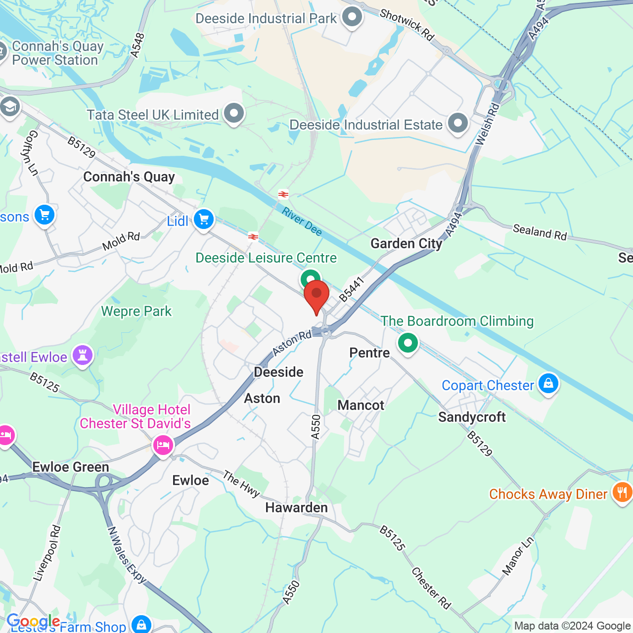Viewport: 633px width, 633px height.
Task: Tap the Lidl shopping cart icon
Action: click(203, 219)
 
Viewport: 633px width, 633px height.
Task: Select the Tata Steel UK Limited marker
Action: click(234, 114)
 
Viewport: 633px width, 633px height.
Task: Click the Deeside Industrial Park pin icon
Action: click(352, 17)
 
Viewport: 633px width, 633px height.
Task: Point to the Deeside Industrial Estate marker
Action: click(458, 124)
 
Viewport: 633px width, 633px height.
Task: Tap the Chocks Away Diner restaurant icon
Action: click(622, 493)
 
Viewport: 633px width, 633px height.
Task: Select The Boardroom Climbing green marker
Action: click(408, 342)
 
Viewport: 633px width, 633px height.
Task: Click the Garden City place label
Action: click(407, 243)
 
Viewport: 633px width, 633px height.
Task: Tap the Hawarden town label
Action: click(296, 507)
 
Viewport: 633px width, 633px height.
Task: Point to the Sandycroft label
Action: click(472, 417)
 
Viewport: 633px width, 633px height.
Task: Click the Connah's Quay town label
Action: click(129, 177)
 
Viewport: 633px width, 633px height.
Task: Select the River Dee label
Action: click(302, 221)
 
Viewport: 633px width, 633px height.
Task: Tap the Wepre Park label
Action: click(136, 311)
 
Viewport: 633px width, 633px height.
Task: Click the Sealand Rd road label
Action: click(540, 231)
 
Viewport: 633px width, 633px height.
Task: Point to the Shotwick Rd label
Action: click(407, 24)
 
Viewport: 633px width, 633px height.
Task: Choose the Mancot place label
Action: click(361, 405)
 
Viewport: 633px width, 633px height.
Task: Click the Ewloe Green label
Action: click(70, 467)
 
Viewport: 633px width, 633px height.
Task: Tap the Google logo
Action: click(33, 621)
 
